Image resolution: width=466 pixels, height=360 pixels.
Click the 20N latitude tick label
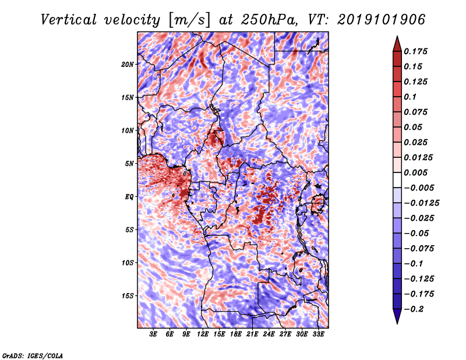click(128, 64)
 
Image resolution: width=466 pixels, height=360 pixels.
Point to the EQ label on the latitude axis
click(129, 196)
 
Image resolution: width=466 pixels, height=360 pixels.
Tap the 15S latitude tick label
click(128, 295)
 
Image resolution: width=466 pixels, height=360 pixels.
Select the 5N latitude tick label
click(129, 163)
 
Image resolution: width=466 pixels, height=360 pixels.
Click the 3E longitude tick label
click(154, 335)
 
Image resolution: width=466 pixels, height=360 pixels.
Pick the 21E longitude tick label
click(253, 335)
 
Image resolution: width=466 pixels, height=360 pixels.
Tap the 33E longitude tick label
click(319, 335)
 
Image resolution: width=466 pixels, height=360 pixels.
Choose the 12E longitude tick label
click(203, 335)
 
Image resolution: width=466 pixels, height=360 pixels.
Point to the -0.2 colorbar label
click(414, 309)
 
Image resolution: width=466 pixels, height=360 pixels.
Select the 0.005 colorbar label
click(417, 172)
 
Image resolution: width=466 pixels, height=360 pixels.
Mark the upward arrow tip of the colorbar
click(397, 38)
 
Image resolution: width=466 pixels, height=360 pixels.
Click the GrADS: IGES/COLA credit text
click(33, 355)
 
